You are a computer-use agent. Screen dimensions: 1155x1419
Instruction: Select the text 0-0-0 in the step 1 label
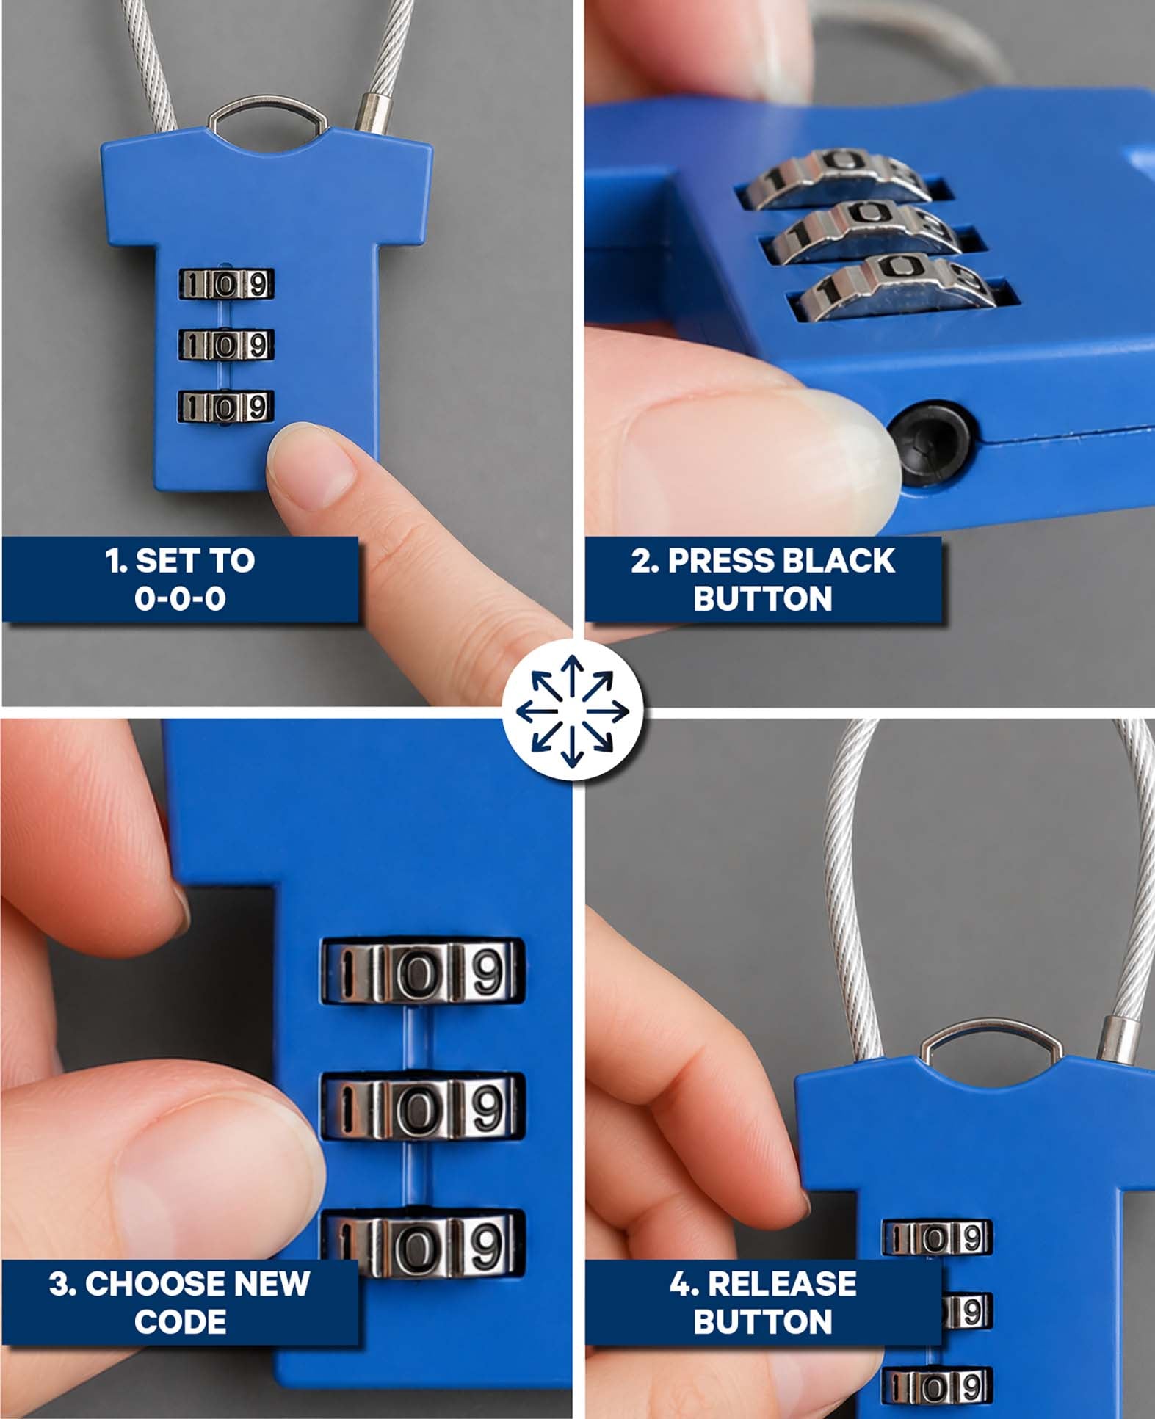tap(180, 599)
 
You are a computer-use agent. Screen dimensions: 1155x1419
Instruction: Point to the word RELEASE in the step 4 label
tap(782, 1283)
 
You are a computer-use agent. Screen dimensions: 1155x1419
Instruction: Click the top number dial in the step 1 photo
tap(226, 284)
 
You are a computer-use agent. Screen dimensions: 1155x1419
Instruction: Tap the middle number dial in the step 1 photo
tap(226, 345)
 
